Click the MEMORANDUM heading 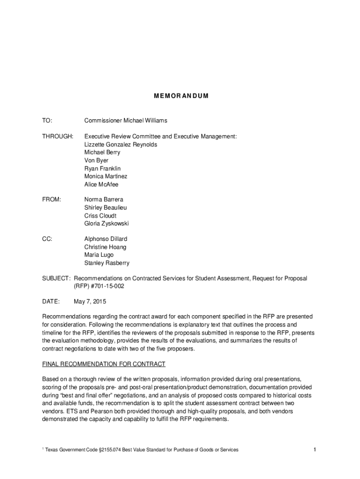click(180, 96)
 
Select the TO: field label click(47, 121)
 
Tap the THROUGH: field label click(58, 136)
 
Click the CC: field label click(47, 239)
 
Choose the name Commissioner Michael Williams click(125, 121)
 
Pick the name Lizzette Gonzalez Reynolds click(121, 145)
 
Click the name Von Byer click(96, 160)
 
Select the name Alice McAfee click(101, 184)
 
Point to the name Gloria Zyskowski click(106, 224)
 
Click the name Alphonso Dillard click(106, 239)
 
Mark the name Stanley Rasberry click(107, 263)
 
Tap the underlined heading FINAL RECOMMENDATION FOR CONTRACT click(104, 364)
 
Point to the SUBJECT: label click(57, 278)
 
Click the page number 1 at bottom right click(315, 450)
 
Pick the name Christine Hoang click(105, 247)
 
